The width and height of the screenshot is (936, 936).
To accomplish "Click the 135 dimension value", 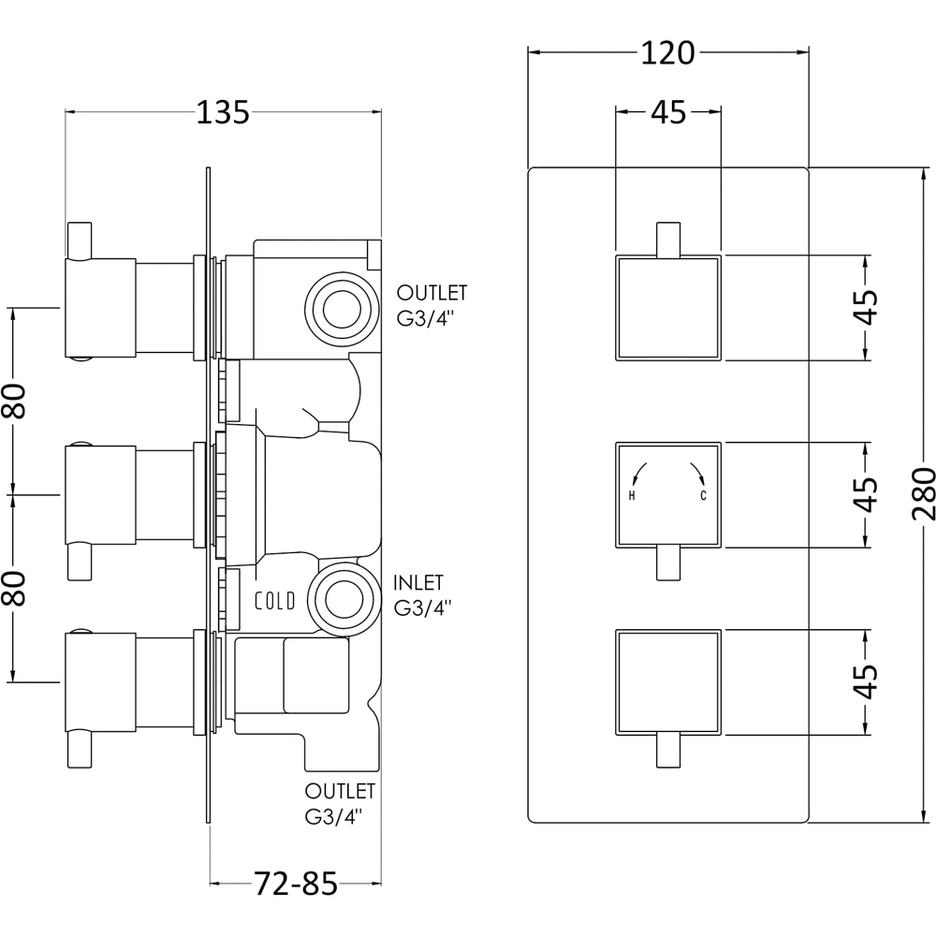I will click(223, 112).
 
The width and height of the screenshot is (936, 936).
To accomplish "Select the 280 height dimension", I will click(921, 494).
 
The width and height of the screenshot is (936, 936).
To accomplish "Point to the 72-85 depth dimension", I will click(295, 884).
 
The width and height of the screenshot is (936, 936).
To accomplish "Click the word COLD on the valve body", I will click(275, 601).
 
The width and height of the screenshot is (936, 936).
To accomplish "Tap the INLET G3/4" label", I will click(423, 595).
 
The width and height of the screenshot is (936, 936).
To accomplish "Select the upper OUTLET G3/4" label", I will click(431, 305).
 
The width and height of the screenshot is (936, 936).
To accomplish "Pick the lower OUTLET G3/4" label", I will click(340, 803).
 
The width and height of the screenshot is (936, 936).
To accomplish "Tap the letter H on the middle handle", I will click(633, 495).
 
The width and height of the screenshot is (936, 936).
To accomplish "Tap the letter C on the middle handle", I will click(703, 495).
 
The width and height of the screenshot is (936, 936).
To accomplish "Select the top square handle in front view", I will click(667, 307).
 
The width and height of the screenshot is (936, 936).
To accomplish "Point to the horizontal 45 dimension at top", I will click(668, 112).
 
